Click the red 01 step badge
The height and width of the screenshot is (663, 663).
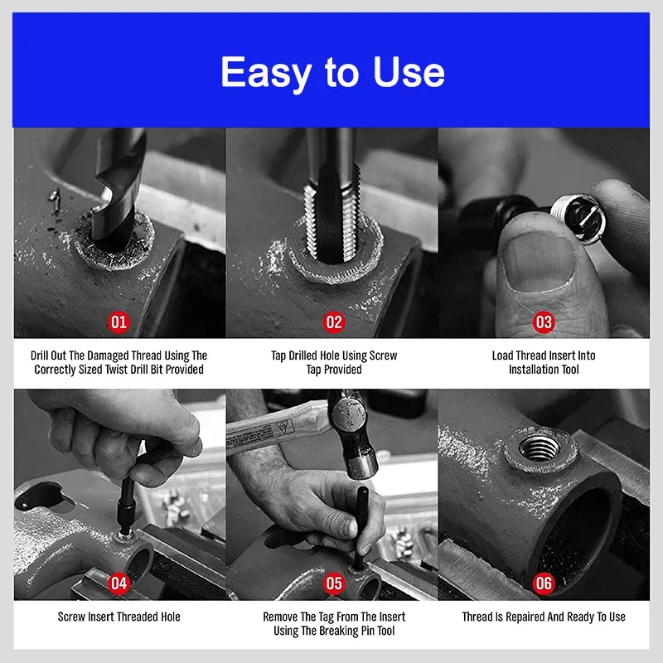coord(119,322)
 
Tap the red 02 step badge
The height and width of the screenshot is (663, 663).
coord(334,322)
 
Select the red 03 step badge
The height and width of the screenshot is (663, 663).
coord(544,322)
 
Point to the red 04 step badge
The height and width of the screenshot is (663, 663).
coord(119,583)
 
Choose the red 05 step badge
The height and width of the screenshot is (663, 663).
coord(334,583)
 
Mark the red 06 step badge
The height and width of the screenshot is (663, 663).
coord(544,583)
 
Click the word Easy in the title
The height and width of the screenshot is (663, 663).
coord(266,73)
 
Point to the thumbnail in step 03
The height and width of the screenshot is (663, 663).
coord(538,263)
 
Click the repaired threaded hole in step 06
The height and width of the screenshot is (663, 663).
coord(540,448)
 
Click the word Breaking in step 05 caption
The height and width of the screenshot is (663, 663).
coord(338,631)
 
